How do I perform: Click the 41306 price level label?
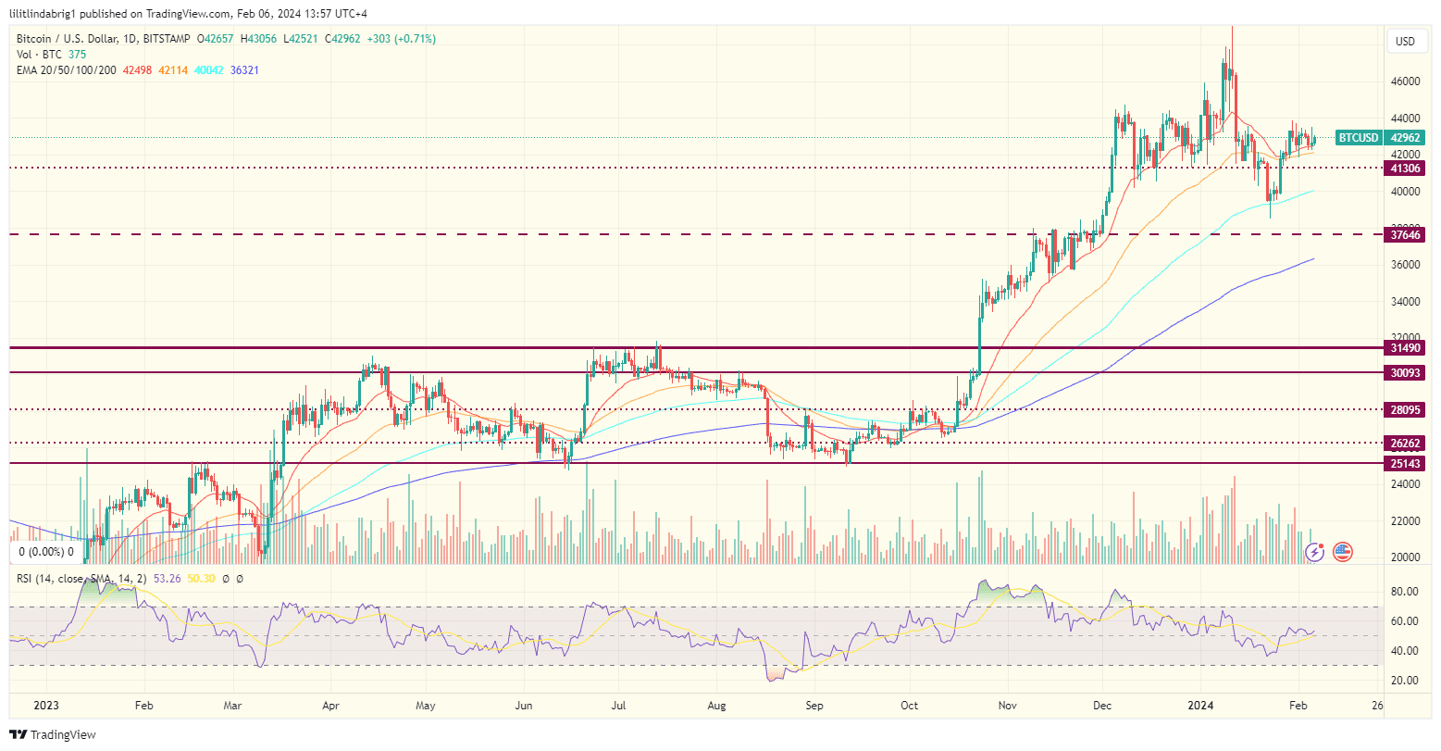(1404, 169)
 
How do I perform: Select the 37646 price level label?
(1404, 235)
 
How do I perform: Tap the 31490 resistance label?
(1404, 348)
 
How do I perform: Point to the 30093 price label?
(1404, 372)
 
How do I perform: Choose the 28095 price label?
(1404, 409)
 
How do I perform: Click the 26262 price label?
(1404, 443)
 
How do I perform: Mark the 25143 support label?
(1404, 463)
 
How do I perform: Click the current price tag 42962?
(1404, 138)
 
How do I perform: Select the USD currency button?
(1405, 42)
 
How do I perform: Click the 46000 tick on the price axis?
(1405, 81)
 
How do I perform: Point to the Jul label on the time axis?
(619, 705)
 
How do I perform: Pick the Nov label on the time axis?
(1008, 705)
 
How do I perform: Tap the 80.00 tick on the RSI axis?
(1405, 592)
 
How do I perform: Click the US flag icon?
(1342, 552)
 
